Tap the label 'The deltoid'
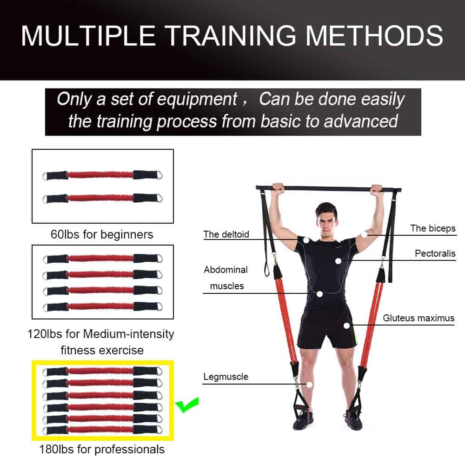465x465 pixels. click(x=226, y=234)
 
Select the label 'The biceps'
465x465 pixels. click(x=433, y=228)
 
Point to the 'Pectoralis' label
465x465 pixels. click(x=435, y=253)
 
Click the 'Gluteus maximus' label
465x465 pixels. click(x=418, y=318)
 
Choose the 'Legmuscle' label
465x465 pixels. click(x=226, y=377)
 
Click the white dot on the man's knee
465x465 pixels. click(x=309, y=385)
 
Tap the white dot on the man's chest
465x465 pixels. click(x=339, y=261)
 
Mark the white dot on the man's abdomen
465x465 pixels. click(x=319, y=294)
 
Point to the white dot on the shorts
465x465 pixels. click(x=347, y=325)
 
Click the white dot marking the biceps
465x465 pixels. click(x=364, y=234)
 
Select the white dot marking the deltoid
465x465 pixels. click(x=306, y=240)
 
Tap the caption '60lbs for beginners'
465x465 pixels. click(x=102, y=234)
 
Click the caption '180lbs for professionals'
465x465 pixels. click(x=102, y=449)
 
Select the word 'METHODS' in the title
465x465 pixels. click(x=374, y=36)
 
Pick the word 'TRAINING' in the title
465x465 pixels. click(x=230, y=36)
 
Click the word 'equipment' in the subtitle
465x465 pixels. click(x=197, y=99)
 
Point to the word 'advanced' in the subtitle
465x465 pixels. click(x=361, y=121)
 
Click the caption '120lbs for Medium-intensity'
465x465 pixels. click(x=101, y=334)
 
